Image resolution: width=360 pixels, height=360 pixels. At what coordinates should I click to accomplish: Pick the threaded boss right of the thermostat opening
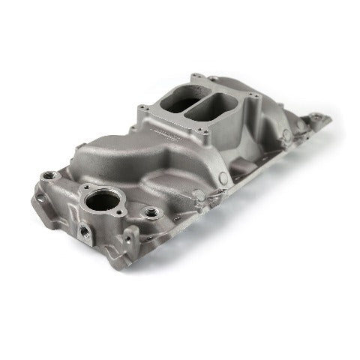coord(152,212)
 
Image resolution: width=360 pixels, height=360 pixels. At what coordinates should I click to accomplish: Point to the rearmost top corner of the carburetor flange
coord(196,76)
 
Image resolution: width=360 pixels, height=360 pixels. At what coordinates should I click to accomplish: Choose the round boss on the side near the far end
coord(285,135)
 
